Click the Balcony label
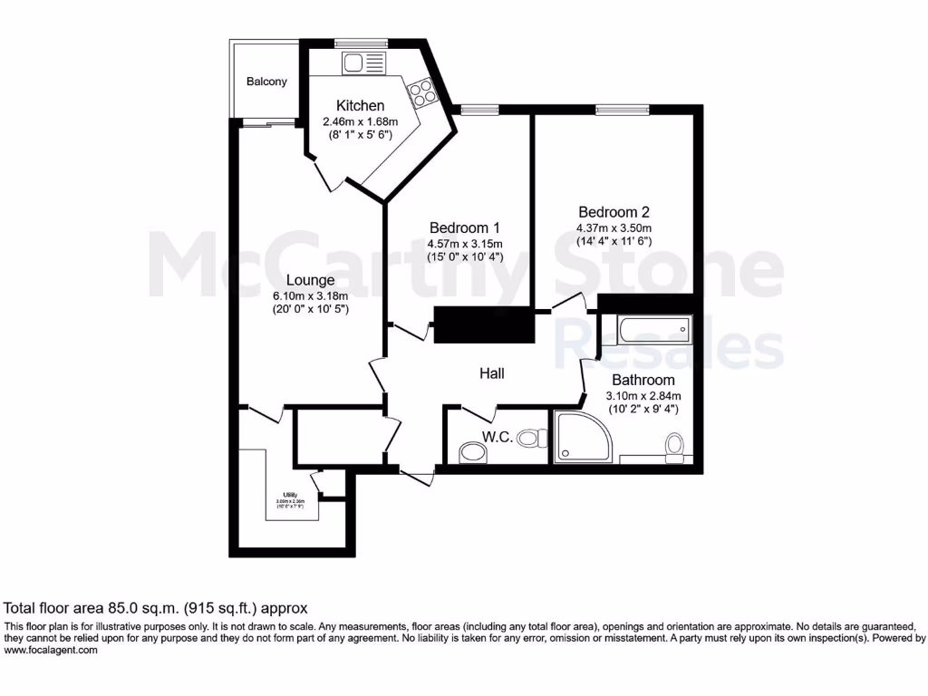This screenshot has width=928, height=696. click(x=266, y=82)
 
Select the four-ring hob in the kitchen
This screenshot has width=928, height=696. click(x=421, y=91)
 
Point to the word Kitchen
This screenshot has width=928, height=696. click(x=360, y=106)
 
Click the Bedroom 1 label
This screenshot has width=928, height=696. click(x=464, y=227)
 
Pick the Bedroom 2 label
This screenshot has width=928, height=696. click(x=614, y=212)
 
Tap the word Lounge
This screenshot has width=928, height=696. click(x=311, y=280)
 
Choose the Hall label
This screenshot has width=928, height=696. click(x=491, y=373)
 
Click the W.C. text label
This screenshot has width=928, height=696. click(x=498, y=437)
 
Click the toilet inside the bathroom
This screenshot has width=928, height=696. click(x=674, y=447)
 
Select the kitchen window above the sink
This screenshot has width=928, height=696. click(x=361, y=43)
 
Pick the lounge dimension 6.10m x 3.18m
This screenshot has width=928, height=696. click(x=311, y=295)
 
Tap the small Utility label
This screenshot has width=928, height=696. click(x=290, y=494)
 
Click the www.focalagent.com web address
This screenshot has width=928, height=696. click(x=51, y=651)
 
